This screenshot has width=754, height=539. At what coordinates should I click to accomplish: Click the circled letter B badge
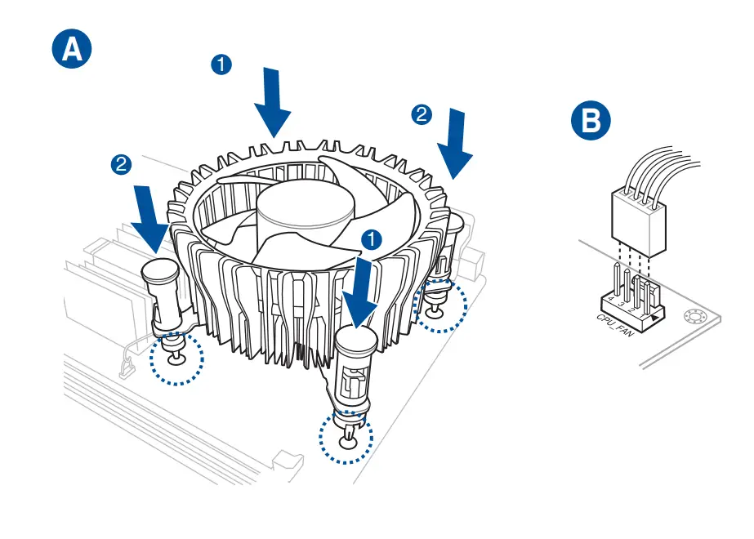coord(590,122)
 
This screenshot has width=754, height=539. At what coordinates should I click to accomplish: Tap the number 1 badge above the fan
coord(221,65)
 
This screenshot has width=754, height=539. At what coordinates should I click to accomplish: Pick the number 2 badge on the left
coord(121,164)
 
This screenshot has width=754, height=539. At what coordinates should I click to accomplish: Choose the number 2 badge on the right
coord(422,114)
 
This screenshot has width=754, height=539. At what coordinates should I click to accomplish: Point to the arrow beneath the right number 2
coord(456,144)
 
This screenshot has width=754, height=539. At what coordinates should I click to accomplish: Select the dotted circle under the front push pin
coord(346,438)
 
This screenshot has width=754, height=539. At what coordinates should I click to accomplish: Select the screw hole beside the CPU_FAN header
coord(697,317)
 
